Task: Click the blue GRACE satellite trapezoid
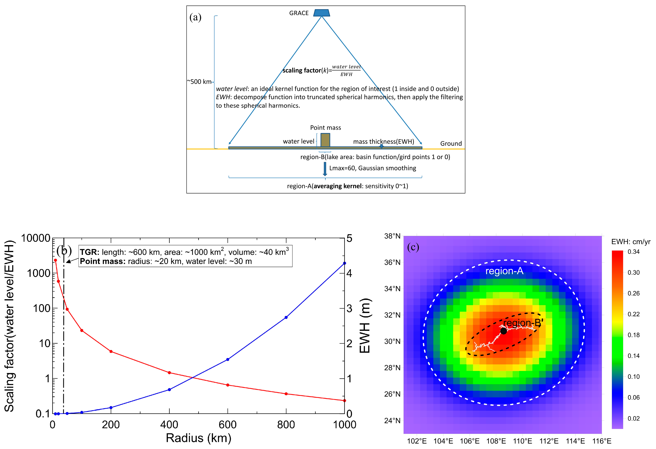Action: tap(322, 13)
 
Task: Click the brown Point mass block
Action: tap(325, 140)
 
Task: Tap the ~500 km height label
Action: tap(199, 82)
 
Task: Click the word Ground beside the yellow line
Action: tap(451, 144)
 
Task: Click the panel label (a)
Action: tap(195, 18)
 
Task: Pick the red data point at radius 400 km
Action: tap(169, 373)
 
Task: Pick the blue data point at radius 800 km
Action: tap(286, 317)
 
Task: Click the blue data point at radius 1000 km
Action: tap(344, 263)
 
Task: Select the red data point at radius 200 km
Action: tap(111, 351)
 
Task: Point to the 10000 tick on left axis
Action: tap(36, 238)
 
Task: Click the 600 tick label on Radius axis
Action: tap(228, 425)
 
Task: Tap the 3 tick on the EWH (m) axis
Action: tap(349, 309)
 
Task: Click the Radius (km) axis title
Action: tap(198, 438)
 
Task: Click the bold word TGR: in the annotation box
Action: tap(89, 252)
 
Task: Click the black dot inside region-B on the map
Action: tap(504, 331)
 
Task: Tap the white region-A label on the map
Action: tap(504, 271)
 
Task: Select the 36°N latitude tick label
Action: tap(392, 262)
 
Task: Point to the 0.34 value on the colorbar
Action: tap(633, 252)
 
